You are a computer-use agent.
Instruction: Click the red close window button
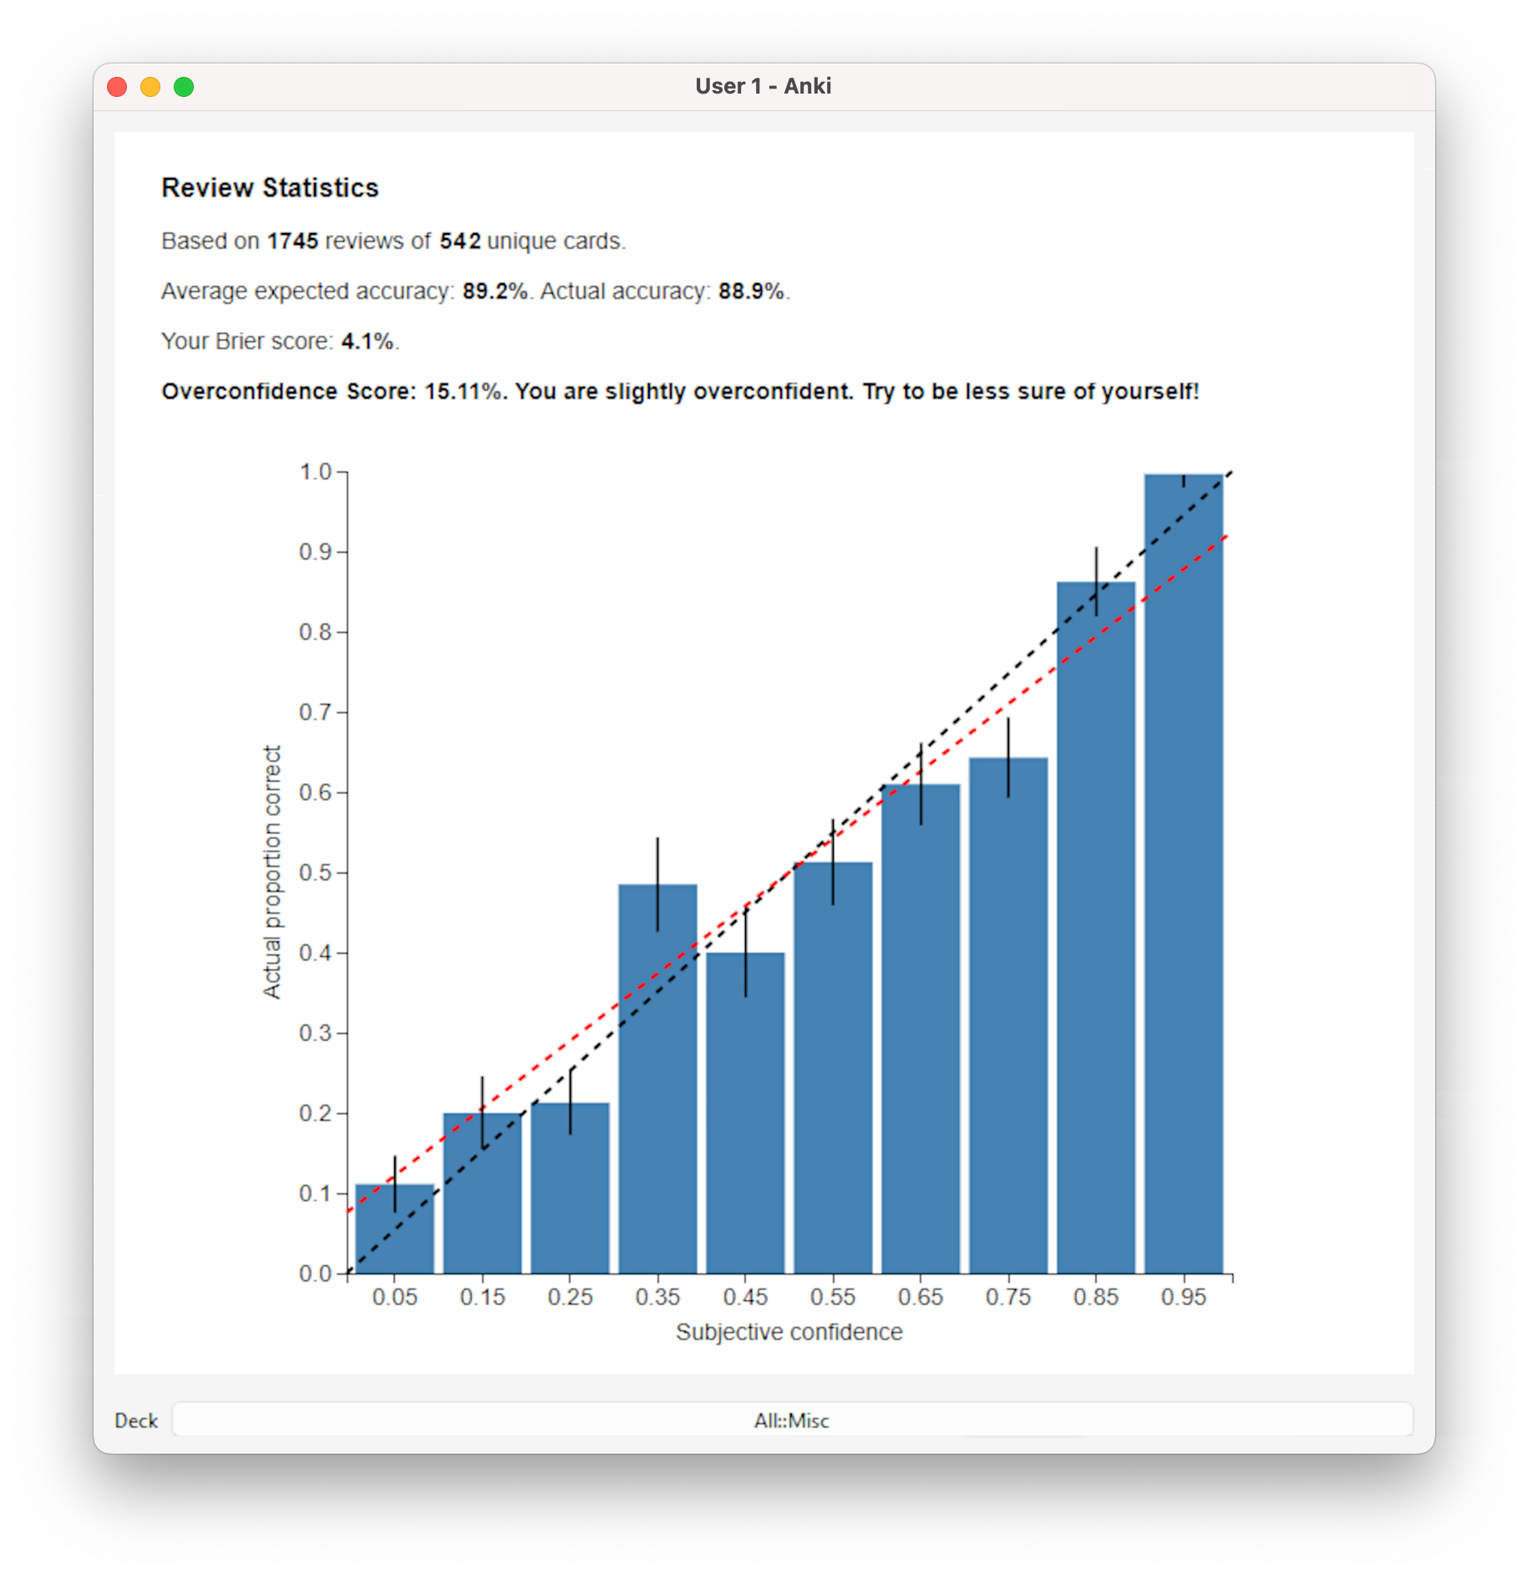click(x=117, y=87)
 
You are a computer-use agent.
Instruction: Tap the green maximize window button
click(x=184, y=87)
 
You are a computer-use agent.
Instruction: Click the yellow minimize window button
click(x=150, y=87)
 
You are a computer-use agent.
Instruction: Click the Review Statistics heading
click(x=270, y=188)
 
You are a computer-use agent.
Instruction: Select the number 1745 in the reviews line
click(x=292, y=241)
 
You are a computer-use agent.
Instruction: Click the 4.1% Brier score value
click(x=367, y=342)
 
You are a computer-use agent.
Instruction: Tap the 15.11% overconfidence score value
click(x=464, y=392)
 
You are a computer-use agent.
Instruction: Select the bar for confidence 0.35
click(x=657, y=1086)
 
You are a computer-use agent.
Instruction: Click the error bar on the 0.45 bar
click(x=746, y=952)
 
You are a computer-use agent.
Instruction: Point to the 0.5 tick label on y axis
click(x=316, y=873)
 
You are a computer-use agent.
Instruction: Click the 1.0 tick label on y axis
click(x=316, y=472)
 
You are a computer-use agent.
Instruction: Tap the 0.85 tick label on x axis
click(x=1096, y=1297)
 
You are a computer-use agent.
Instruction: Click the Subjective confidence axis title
click(x=789, y=1332)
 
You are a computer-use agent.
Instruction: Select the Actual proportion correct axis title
click(x=272, y=872)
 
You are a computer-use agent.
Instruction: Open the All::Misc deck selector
click(x=791, y=1420)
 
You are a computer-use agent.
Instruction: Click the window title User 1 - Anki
click(x=763, y=87)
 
